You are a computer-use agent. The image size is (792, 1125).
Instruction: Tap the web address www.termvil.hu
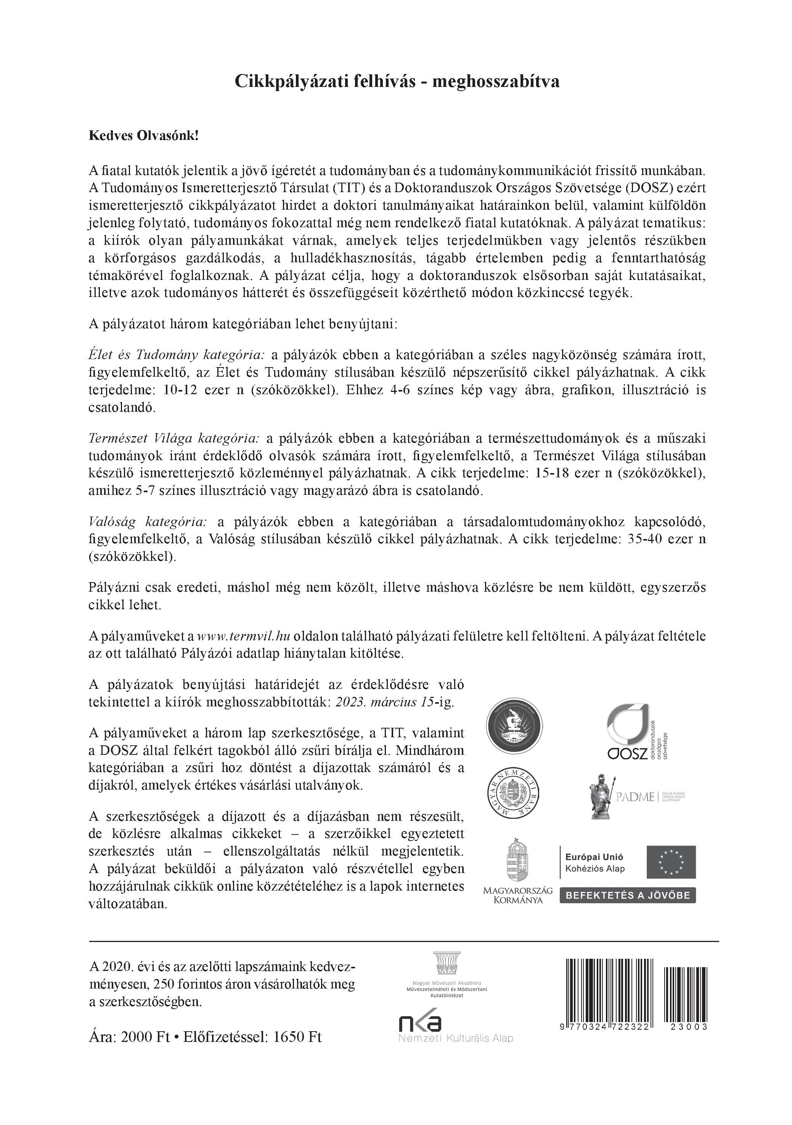pos(244,636)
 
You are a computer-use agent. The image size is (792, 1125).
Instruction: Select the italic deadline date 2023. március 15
pos(384,702)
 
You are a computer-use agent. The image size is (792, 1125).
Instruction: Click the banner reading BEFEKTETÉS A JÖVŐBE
pos(627,896)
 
